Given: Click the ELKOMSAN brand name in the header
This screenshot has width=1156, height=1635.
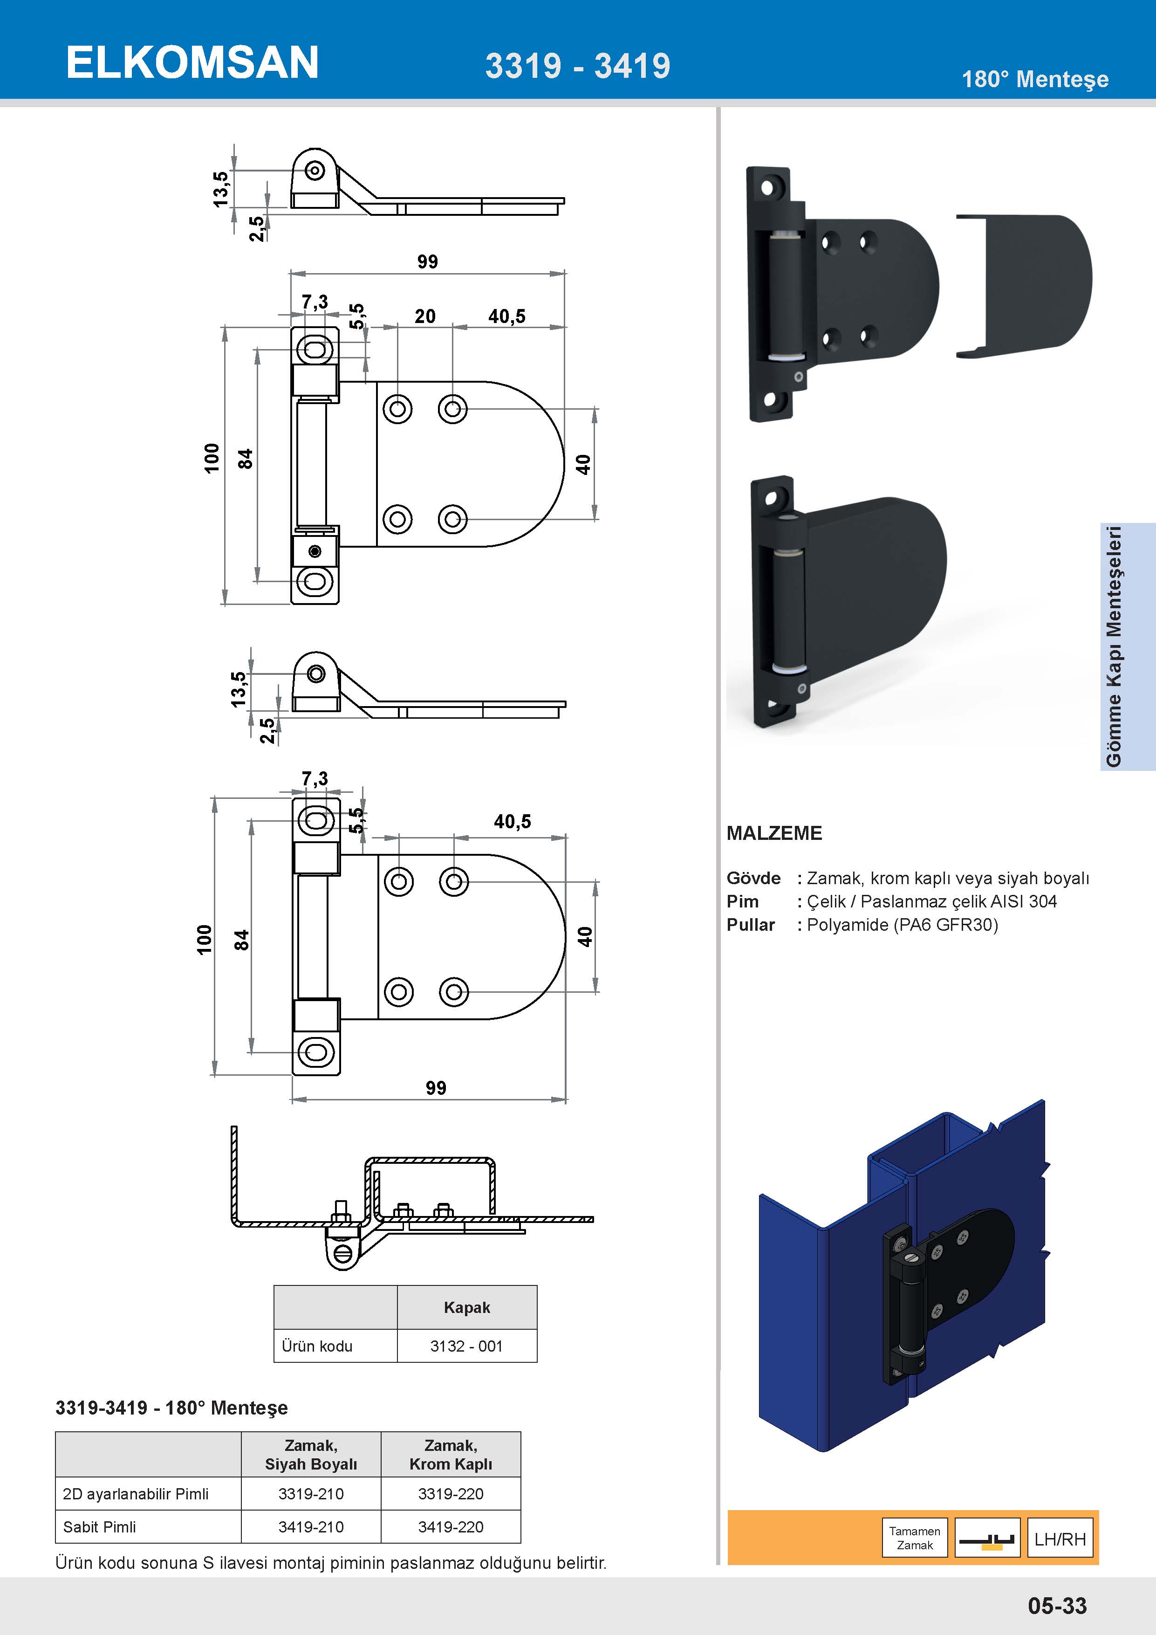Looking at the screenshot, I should coord(192,62).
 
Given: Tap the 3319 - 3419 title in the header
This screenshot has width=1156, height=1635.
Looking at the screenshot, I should coord(577,66).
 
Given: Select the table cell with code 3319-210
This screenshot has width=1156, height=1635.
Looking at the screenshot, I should coord(311,1494).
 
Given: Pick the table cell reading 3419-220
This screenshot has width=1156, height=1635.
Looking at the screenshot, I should coord(451,1527).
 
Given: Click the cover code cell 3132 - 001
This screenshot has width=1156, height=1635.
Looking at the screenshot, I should coord(466,1346).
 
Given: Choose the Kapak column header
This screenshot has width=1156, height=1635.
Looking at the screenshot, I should coord(467,1307).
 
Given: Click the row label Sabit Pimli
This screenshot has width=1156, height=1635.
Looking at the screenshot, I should coord(100,1527).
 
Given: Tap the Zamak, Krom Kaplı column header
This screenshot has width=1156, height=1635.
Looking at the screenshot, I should coord(451,1455).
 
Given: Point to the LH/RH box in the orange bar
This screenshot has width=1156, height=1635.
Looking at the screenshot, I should coord(1060,1539).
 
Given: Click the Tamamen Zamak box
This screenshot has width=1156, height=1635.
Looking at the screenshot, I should coord(915,1538).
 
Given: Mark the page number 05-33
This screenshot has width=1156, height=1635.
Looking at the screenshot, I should coord(1057,1606).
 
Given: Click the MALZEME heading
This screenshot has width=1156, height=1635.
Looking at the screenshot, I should coord(774,833).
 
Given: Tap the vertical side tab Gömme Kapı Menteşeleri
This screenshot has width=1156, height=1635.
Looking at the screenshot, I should coord(1114,646).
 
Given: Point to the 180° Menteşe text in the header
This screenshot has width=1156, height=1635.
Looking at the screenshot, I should coord(1035,79).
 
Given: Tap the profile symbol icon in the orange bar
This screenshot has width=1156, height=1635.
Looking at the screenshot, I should coord(986,1539).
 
